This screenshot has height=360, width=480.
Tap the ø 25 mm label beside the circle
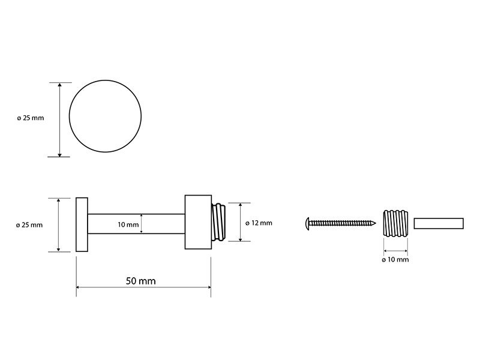[x=31, y=118]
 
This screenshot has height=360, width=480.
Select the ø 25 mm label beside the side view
[x=29, y=225]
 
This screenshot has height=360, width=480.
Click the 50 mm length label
[x=141, y=281]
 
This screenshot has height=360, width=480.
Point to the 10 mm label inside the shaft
[x=128, y=224]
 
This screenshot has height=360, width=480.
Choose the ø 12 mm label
[x=259, y=223]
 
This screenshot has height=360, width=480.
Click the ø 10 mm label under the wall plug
[x=395, y=260]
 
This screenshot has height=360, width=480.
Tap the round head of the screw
[x=308, y=223]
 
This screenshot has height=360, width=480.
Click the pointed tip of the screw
[x=376, y=223]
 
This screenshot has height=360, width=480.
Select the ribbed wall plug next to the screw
[x=395, y=223]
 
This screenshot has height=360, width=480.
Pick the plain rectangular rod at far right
[x=439, y=223]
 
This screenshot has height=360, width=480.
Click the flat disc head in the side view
[x=82, y=224]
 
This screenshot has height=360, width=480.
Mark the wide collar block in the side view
[x=198, y=222]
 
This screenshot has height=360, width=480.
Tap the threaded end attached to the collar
[x=219, y=222]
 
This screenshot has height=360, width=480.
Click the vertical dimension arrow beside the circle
[x=59, y=119]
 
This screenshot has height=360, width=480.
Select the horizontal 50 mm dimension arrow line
[x=143, y=287]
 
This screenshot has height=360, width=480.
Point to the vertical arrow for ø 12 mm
[x=241, y=222]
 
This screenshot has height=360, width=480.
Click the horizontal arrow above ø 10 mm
[x=395, y=251]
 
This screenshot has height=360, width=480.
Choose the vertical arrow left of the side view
[x=59, y=225]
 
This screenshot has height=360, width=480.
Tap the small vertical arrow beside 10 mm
[x=141, y=224]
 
